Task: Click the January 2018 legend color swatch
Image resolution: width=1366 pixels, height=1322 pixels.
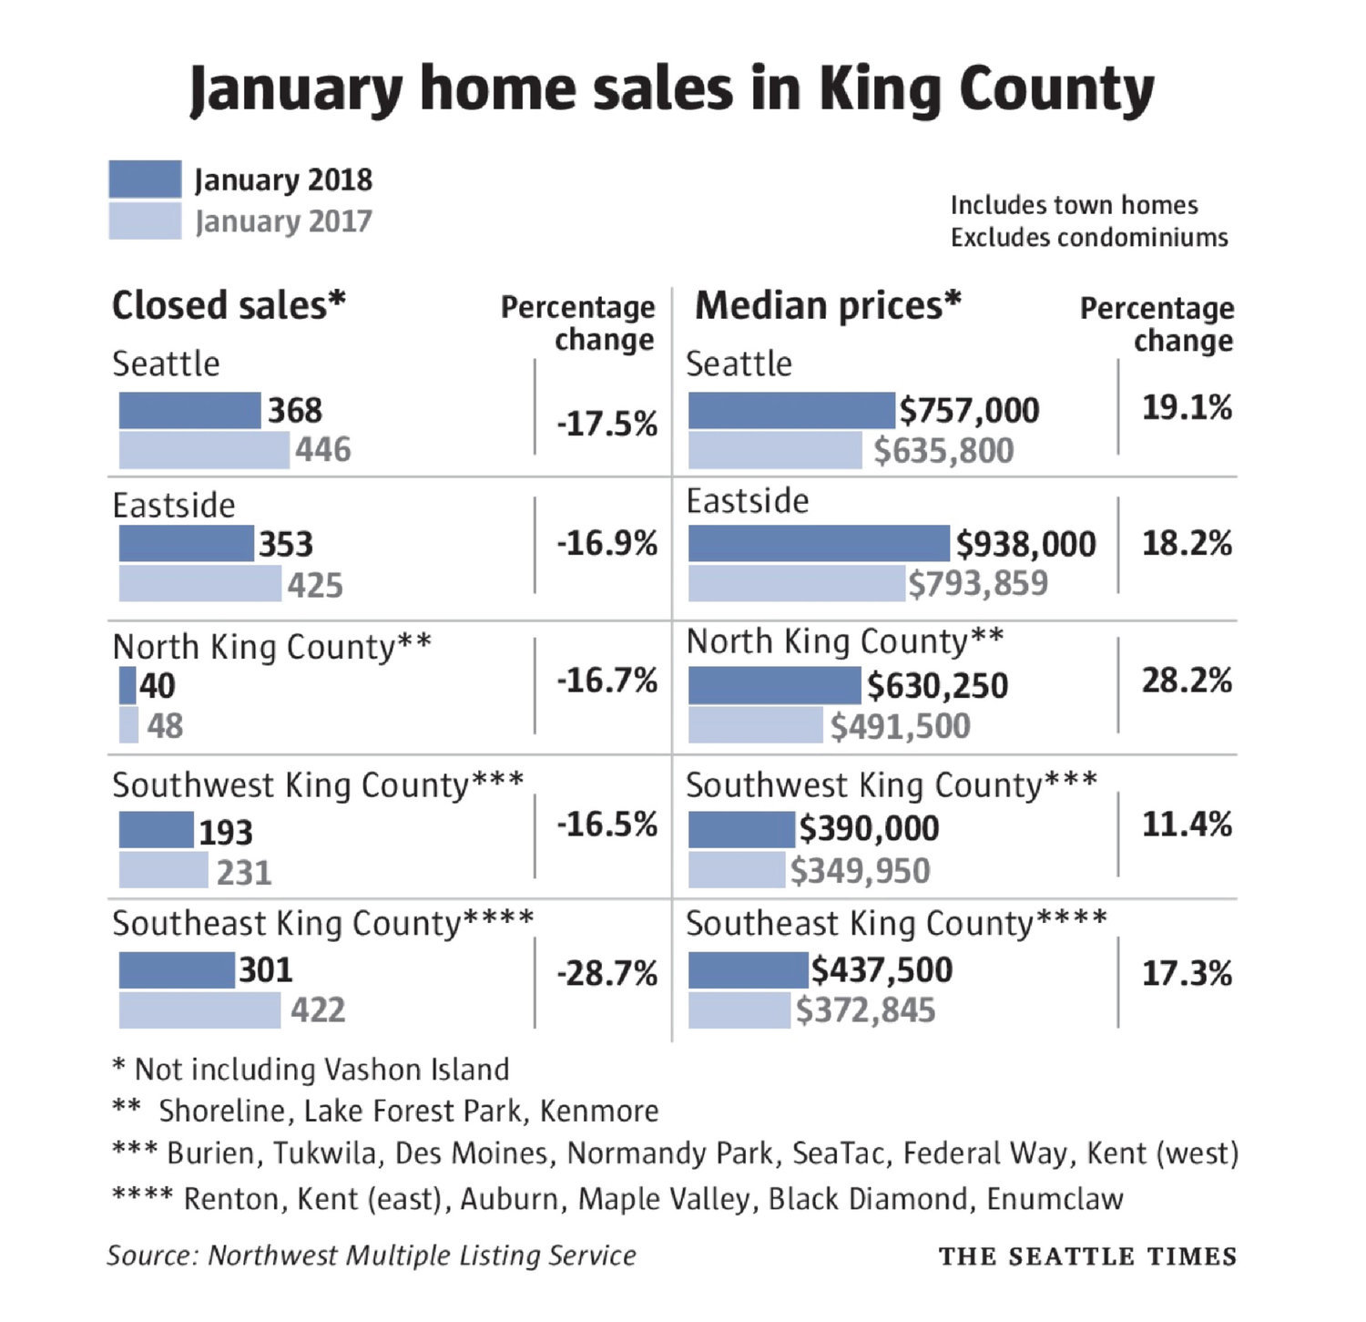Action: point(145,179)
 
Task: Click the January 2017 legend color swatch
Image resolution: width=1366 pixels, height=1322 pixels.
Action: point(145,221)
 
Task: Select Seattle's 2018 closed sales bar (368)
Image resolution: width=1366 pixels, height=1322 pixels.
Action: point(189,411)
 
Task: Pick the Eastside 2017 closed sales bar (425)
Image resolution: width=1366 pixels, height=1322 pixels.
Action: point(200,584)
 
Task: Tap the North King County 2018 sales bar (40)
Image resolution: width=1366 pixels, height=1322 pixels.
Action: point(127,686)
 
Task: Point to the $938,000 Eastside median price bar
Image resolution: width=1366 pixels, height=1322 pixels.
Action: point(819,544)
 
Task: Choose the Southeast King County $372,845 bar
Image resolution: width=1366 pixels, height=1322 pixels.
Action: point(739,1010)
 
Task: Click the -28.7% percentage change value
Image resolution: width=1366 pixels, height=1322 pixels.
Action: point(607,974)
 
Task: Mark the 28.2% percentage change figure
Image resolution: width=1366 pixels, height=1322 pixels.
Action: point(1187,681)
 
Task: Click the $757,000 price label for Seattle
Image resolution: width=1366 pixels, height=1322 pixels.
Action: point(970,411)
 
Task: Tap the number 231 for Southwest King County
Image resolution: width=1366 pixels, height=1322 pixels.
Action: point(244,873)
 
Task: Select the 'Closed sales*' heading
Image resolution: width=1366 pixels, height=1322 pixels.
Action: point(229,306)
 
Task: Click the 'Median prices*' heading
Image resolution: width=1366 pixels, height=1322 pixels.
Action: point(828,306)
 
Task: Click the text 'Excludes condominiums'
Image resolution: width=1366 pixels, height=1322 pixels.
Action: point(1089,238)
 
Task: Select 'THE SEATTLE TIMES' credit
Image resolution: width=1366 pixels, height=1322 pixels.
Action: point(1087,1256)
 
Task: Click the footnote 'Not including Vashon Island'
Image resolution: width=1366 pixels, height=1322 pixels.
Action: point(321,1070)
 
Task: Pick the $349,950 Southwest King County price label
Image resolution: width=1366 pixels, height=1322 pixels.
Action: point(860,871)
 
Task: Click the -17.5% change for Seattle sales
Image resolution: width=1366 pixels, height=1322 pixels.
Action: point(607,425)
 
